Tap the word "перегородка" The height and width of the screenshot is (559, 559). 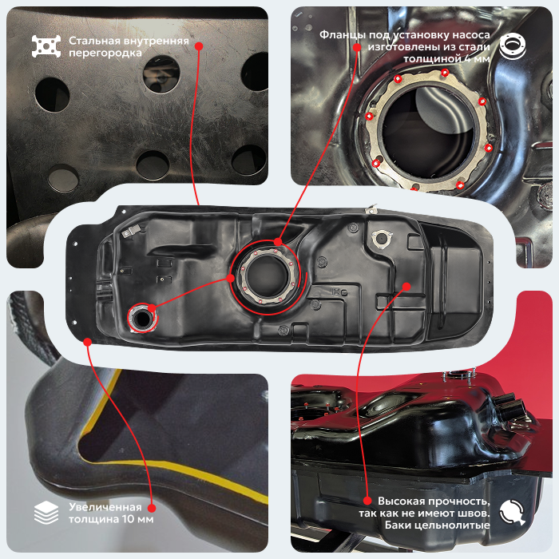[105, 54]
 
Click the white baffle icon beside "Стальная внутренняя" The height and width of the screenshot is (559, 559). [46, 46]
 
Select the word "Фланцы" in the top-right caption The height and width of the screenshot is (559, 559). [343, 34]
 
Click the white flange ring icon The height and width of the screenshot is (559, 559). [513, 46]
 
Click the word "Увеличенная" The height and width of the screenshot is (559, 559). [105, 507]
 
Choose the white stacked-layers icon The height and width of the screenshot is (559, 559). [46, 513]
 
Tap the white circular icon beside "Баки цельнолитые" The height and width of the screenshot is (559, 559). [513, 512]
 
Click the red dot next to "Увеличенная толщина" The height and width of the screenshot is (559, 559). [152, 508]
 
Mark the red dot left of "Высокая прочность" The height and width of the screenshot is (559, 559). [367, 501]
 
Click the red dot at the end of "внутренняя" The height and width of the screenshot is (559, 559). [200, 46]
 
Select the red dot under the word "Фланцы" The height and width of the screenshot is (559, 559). [357, 47]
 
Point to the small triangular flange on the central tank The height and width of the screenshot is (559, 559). [382, 239]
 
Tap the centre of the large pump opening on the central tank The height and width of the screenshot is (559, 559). [266, 276]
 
